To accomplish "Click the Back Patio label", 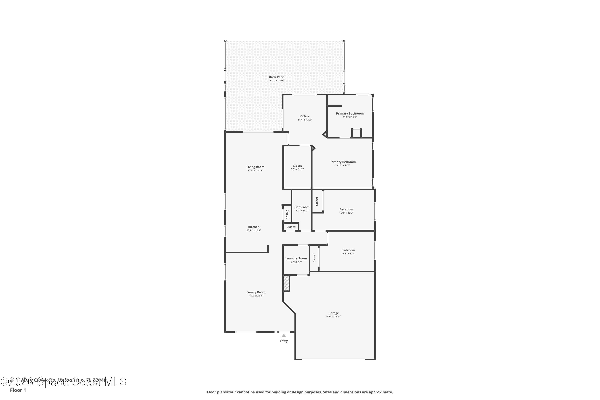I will tap(277, 77).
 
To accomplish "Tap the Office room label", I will tap(305, 116).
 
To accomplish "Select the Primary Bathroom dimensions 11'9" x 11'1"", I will tap(350, 117).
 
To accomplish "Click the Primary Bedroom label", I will tap(342, 162).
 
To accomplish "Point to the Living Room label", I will tap(255, 167).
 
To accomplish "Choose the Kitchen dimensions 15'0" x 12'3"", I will tap(254, 230).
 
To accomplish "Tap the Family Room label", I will tap(256, 292).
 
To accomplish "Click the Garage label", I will tap(333, 313).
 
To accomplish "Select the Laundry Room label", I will tap(296, 258).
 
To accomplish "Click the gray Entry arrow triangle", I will tap(284, 336).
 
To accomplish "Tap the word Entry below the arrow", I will tap(284, 341).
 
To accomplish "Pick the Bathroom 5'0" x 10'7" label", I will tap(302, 209).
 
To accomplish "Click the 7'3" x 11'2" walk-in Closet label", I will tap(297, 167).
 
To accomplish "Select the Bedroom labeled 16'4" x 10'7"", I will tap(346, 211).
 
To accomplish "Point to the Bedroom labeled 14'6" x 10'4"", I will tap(348, 252).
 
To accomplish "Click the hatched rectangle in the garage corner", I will tap(286, 283).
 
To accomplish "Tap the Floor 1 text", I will tap(18, 390).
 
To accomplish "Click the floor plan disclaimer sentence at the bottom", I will tap(300, 392).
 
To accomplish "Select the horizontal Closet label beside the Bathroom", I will tap(291, 227).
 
